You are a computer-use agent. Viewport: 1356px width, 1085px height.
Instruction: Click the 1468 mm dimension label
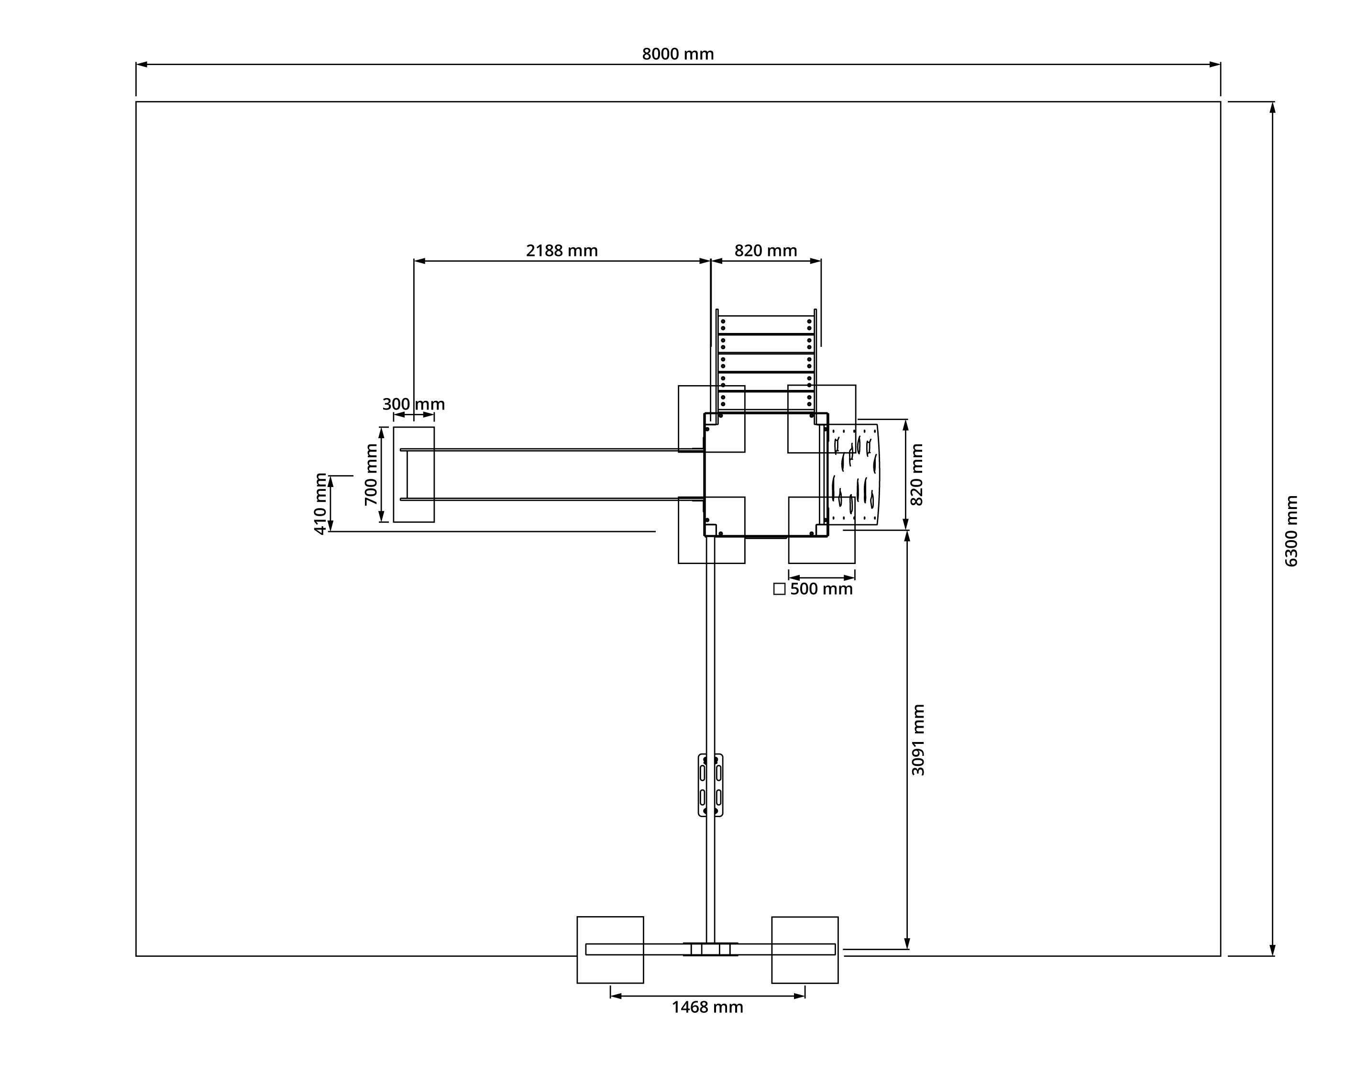(x=707, y=1007)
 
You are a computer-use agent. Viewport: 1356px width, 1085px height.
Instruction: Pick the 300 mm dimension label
(x=413, y=404)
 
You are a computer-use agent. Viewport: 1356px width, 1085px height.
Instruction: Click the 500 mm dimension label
(x=821, y=589)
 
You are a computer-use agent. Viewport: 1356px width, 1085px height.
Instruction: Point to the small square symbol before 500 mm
(x=779, y=589)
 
